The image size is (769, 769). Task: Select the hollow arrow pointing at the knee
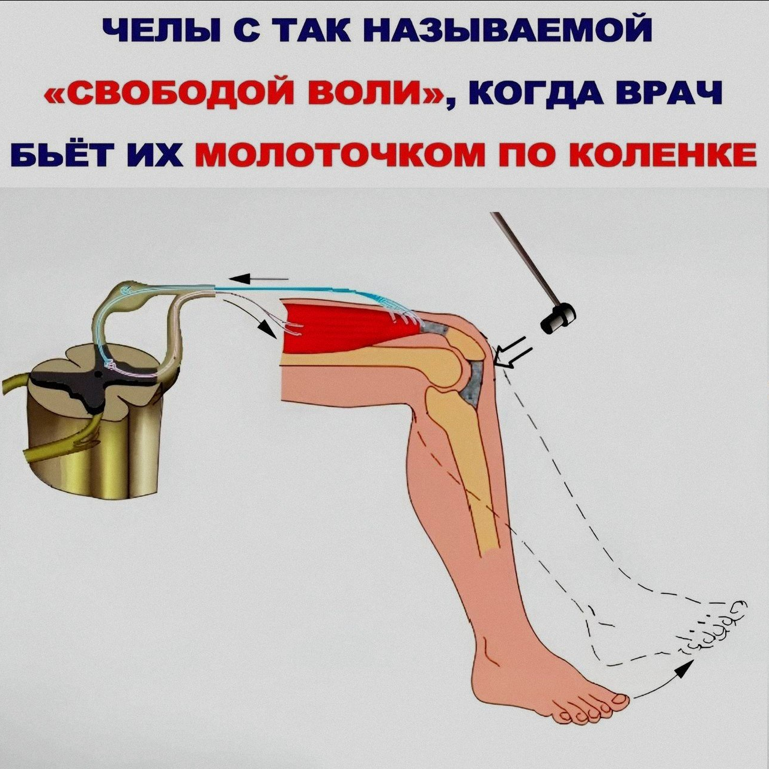coord(513,351)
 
